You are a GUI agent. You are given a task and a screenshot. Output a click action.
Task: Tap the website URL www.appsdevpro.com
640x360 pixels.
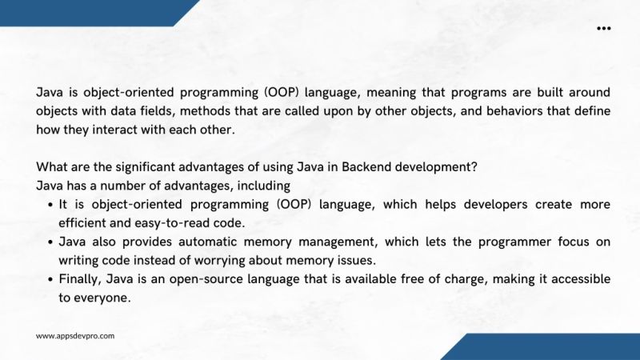[x=75, y=336]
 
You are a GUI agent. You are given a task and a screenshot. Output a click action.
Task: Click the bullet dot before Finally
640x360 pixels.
[x=50, y=280]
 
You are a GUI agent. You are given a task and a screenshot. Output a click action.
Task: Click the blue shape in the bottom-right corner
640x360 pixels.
[x=544, y=347]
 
